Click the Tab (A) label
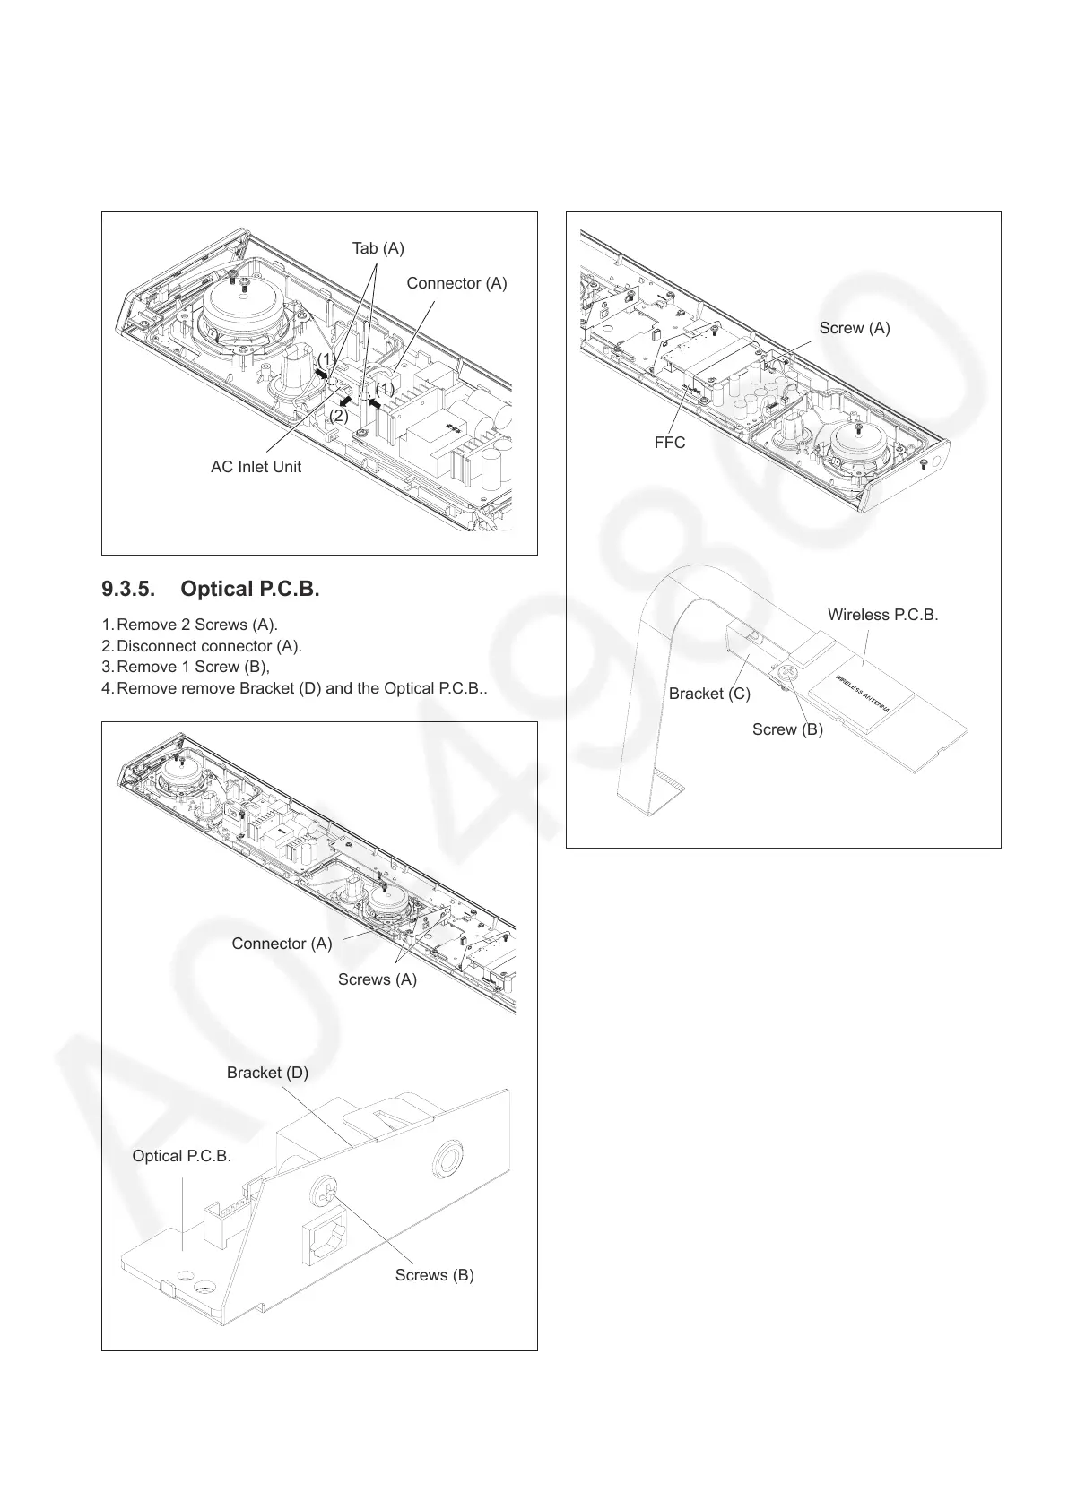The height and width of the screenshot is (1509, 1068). coord(378,247)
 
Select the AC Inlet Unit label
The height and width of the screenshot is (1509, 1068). coord(256,467)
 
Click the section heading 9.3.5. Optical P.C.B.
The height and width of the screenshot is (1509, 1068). coord(211,589)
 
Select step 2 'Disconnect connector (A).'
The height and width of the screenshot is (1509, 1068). coord(209,646)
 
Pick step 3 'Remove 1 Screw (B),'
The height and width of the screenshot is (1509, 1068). coord(193,667)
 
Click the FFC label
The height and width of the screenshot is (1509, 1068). coord(669,443)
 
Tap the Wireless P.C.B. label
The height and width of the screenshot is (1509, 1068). coord(882,615)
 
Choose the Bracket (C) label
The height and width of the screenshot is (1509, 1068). coord(709,694)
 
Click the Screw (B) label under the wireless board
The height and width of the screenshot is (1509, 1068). coord(787,729)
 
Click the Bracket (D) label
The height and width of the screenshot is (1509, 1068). coord(267,1073)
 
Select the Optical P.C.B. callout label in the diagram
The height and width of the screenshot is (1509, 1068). coord(181,1156)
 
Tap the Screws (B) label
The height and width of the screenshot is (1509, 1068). coord(434,1275)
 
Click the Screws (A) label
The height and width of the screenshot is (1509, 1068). coord(377,979)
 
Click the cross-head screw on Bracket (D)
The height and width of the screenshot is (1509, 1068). coord(323,1191)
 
